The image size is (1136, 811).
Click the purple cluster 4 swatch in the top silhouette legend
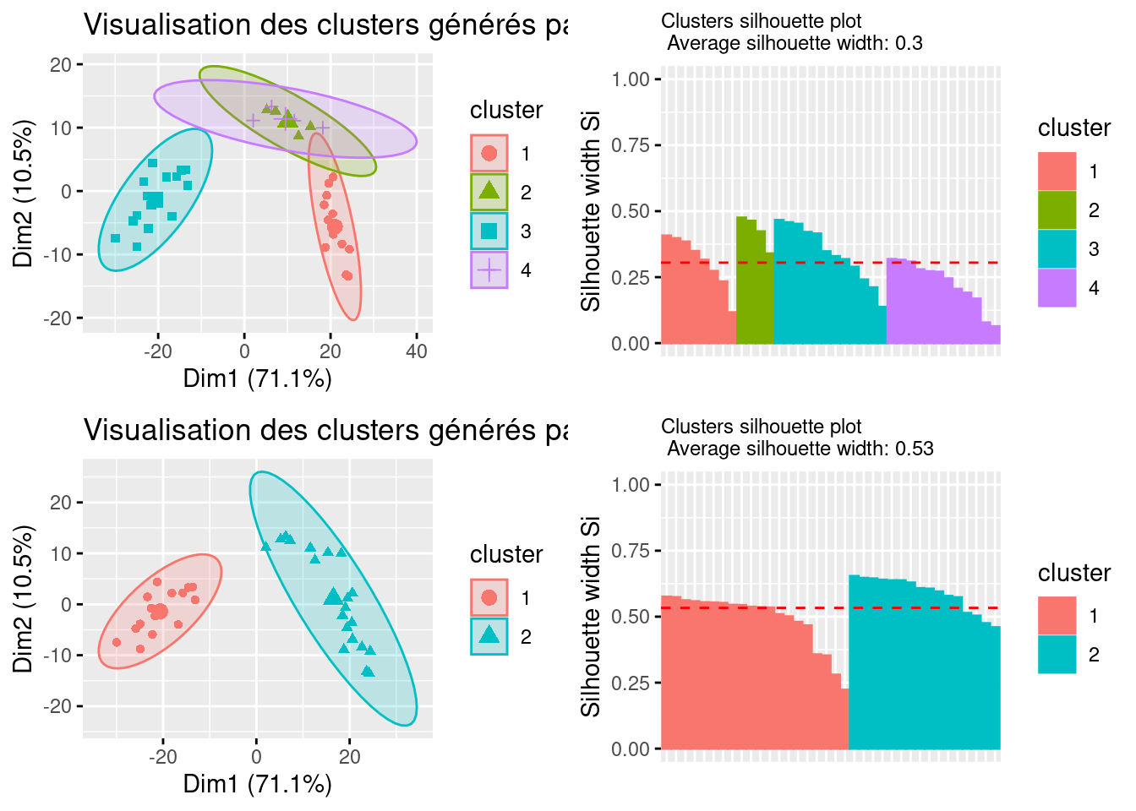[1057, 288]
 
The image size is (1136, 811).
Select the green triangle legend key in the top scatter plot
[489, 192]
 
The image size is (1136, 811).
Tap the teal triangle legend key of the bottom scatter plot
[489, 637]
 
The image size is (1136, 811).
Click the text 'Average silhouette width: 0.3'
[795, 43]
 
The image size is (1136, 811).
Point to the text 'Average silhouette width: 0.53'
[800, 449]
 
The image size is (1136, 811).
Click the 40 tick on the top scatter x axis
[417, 351]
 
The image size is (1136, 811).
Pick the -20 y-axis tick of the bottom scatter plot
[61, 706]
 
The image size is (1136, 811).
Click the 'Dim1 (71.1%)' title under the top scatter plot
[258, 378]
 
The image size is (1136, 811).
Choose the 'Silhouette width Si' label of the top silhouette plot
[591, 211]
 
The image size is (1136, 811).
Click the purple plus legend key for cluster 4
[489, 270]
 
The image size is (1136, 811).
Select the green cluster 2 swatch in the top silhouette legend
[1057, 210]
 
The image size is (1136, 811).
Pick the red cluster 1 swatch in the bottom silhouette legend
[1057, 616]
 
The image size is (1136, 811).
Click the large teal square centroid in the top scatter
[156, 200]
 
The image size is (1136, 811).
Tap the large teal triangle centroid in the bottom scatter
[333, 596]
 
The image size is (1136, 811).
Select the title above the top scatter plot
[325, 25]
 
